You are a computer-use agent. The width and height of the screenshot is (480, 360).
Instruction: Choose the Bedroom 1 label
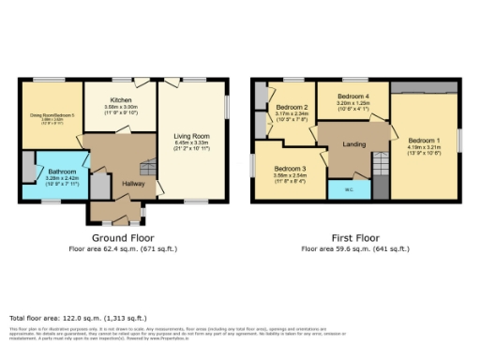tap(423, 140)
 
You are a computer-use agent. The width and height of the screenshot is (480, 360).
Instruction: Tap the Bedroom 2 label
tap(286, 107)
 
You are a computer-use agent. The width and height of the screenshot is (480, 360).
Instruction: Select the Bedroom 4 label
tap(353, 97)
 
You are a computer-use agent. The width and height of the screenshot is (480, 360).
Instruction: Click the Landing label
tap(353, 143)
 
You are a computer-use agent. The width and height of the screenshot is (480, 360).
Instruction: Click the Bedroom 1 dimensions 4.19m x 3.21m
tap(423, 147)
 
